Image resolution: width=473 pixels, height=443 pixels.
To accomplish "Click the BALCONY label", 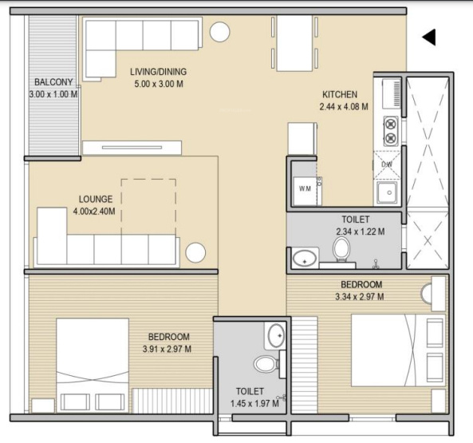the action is (53, 82).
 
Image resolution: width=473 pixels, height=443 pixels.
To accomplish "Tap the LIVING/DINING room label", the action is (159, 72).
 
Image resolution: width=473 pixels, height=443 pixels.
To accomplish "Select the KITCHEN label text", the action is (340, 94).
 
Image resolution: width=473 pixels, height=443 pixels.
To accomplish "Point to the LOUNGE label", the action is (96, 200).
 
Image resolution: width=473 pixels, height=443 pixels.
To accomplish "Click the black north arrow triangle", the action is (429, 38).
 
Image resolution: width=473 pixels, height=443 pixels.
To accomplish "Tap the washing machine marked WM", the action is (305, 191).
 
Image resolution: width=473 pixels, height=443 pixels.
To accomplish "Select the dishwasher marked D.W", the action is (387, 164).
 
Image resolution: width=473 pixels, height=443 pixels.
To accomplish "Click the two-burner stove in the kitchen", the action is (391, 131).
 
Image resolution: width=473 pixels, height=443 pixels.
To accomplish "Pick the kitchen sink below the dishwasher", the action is (387, 193).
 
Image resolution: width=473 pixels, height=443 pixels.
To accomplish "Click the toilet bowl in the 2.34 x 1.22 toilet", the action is (341, 249).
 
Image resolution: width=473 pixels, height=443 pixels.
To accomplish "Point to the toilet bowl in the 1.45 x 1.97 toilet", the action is (266, 364).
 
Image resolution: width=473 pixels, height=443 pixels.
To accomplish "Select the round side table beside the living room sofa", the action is (220, 32).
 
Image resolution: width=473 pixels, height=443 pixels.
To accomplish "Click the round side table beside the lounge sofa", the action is (195, 252).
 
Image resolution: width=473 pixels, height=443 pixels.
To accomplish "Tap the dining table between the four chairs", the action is (294, 43).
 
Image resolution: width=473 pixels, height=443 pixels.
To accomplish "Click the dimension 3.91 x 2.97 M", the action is (167, 349).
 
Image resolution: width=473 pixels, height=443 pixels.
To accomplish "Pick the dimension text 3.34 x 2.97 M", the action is (360, 297).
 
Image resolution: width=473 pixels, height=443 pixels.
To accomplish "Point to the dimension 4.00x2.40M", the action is (94, 212).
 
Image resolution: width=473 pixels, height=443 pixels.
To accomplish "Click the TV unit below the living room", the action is (132, 148).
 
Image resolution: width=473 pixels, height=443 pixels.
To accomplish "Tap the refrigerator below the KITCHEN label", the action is (302, 139).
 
